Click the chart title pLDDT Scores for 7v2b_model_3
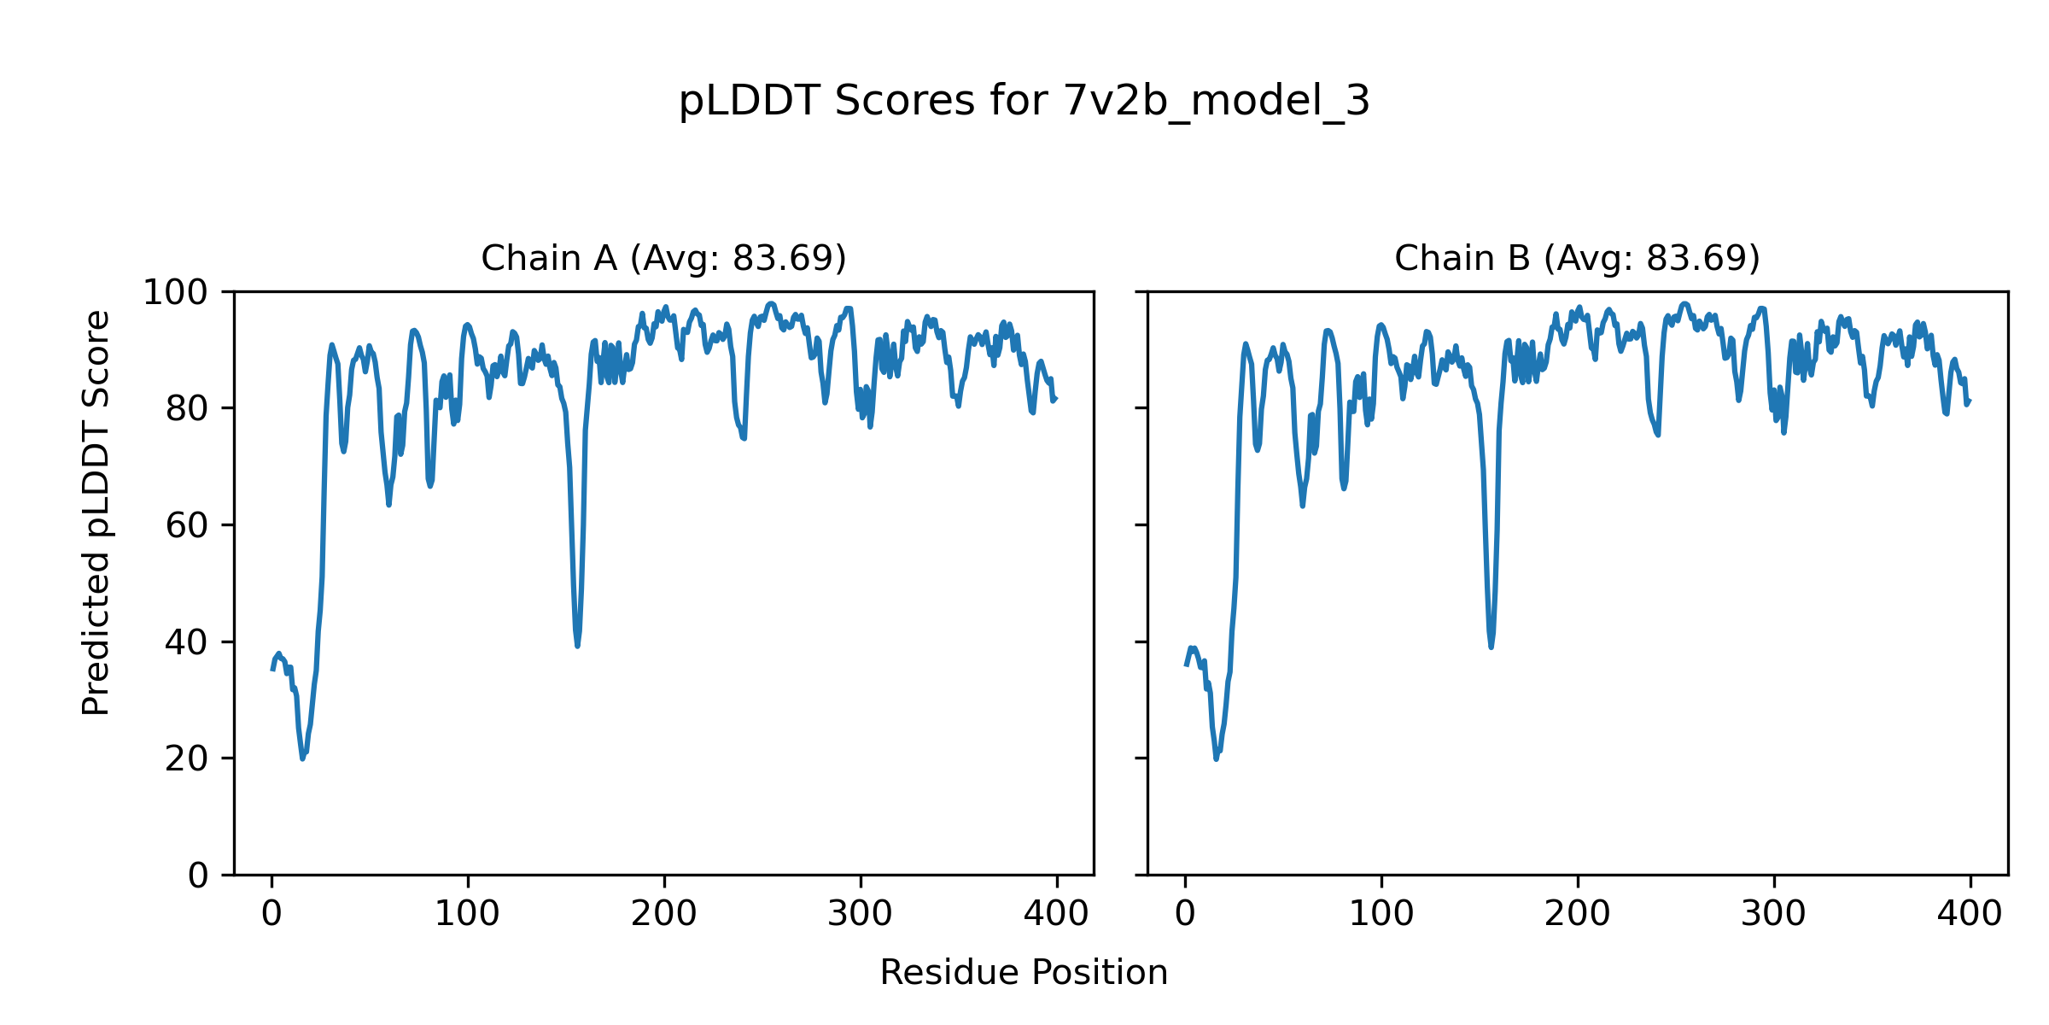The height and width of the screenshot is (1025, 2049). point(1024,102)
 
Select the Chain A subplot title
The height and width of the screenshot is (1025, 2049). point(663,258)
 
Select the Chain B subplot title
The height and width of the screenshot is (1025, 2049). point(1577,258)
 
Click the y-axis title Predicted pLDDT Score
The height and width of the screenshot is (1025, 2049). point(96,512)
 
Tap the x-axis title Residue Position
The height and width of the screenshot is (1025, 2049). point(1024,973)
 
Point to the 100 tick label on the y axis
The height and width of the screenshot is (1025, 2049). point(175,293)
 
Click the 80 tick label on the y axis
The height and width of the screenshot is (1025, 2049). point(187,409)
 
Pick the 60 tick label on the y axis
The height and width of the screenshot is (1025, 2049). point(187,525)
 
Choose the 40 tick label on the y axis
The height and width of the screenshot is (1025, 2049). point(187,642)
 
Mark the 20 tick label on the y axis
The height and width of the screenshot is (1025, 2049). point(187,758)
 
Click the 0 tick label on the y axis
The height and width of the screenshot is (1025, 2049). point(198,876)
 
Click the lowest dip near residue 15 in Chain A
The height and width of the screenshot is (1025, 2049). point(302,758)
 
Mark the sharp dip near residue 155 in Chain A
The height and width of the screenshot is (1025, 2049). point(578,646)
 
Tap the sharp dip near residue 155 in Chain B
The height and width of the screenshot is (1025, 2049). point(1491,647)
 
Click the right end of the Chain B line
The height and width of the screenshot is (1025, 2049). point(1970,401)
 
